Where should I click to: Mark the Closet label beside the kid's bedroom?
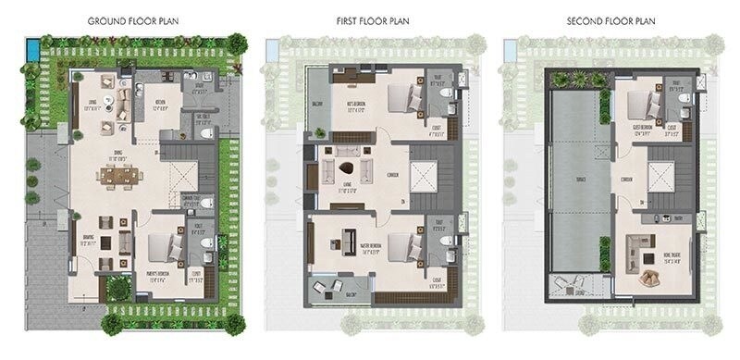click(438, 129)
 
